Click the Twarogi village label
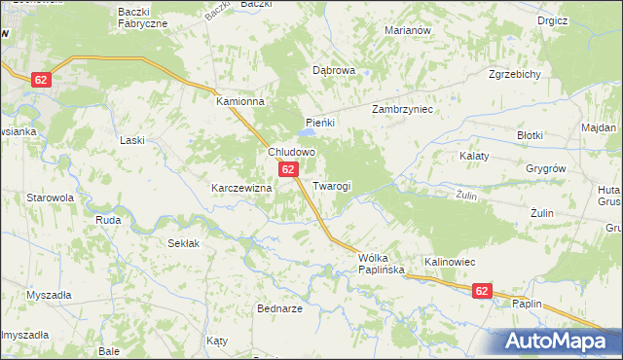point(331,186)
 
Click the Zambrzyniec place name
point(402,110)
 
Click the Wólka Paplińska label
point(380,264)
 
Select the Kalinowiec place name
point(449,262)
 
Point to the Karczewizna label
point(240,187)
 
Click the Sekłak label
point(183,243)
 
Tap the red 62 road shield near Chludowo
point(289,169)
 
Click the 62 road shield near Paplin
point(482,291)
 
